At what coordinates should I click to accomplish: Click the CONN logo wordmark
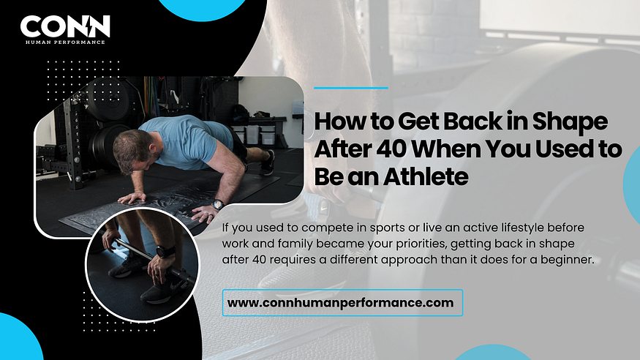point(65,26)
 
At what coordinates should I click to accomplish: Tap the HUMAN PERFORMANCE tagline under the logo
point(65,42)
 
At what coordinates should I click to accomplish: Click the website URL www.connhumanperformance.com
point(340,303)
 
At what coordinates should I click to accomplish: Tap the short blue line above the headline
point(351,88)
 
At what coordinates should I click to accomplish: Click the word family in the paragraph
point(295,244)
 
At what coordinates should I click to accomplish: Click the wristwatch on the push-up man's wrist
point(218,204)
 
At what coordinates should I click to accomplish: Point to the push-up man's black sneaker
point(267,162)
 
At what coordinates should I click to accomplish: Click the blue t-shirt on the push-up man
point(186,140)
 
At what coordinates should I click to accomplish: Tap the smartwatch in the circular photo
point(165,252)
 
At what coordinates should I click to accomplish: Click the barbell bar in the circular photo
point(155,261)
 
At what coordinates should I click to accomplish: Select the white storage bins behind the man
point(260,135)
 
